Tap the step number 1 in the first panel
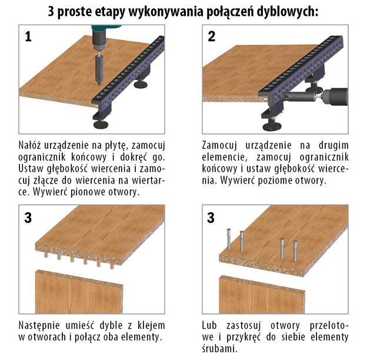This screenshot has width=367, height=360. coord(28,36)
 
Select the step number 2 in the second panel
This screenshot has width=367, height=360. coord(212,36)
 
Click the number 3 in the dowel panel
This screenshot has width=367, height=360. coord(28,218)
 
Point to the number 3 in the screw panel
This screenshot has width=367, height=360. coord(211,218)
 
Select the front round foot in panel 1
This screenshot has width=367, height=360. coord(101,124)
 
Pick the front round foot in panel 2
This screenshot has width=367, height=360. coord(272,126)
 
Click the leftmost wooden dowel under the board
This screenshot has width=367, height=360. coord(46,255)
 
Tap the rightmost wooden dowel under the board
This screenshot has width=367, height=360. coord(112,266)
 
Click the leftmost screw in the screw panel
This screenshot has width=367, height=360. coord(229,239)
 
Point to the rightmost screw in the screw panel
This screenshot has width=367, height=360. coord(295,251)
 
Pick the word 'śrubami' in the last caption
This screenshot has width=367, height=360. coord(220,349)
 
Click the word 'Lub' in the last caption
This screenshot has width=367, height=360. coord(209,325)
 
